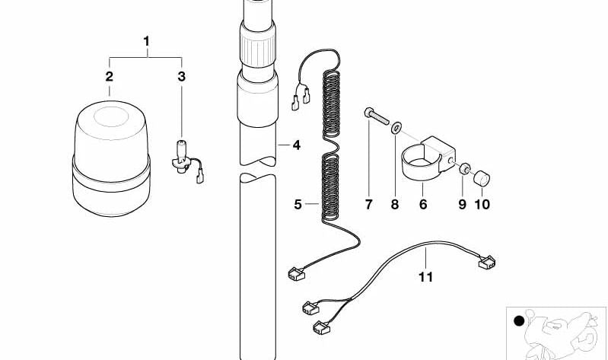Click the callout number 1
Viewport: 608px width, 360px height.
click(146, 41)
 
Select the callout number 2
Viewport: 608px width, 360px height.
click(110, 76)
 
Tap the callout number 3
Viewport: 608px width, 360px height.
click(181, 76)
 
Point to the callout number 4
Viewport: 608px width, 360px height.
click(297, 145)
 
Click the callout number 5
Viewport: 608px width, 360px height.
click(298, 204)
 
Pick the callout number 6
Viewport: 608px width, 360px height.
click(423, 204)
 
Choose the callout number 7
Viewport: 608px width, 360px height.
click(368, 204)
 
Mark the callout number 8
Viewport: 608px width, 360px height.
click(395, 204)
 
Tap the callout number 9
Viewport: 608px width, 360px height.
click(462, 204)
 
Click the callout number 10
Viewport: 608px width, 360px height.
click(482, 204)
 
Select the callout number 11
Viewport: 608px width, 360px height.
click(425, 276)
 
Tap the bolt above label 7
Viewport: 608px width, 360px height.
click(377, 116)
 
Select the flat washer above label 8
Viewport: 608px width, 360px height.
click(396, 128)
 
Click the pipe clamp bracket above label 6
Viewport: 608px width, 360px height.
click(427, 159)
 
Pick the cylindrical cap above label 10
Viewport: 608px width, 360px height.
click(482, 177)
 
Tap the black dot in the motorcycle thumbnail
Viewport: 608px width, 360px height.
click(519, 321)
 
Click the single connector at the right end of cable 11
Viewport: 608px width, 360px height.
click(487, 263)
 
